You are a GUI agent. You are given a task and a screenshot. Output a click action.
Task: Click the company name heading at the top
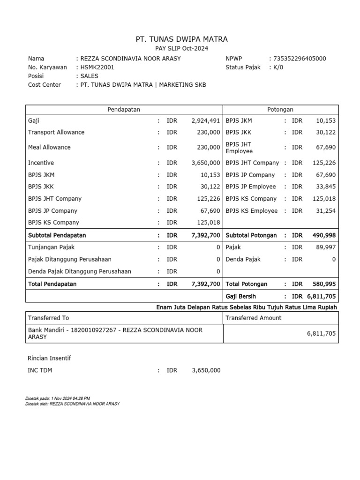[181, 39]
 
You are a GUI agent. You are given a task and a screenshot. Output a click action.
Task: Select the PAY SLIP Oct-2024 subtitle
[181, 49]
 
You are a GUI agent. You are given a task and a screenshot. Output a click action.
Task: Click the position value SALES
[90, 76]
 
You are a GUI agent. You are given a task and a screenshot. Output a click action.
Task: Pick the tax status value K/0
[278, 67]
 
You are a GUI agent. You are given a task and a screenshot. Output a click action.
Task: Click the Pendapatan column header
[124, 110]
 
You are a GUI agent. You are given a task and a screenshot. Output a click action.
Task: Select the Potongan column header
[280, 110]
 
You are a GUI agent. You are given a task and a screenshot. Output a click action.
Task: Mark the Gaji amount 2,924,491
[206, 121]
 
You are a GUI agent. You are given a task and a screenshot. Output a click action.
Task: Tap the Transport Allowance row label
[56, 133]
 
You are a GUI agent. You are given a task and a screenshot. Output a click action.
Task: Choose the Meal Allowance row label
[49, 148]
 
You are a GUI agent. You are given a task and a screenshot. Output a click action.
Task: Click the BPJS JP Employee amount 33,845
[326, 187]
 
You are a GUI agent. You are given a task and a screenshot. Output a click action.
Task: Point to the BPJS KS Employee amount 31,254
[326, 211]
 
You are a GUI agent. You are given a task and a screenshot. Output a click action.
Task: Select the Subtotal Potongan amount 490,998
[324, 236]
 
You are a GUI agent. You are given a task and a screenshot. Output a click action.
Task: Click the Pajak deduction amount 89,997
[326, 247]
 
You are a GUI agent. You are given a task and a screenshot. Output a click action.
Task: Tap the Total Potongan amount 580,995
[324, 285]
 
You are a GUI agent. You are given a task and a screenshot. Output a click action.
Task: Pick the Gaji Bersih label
[241, 297]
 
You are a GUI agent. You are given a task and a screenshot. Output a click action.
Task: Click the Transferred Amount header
[254, 318]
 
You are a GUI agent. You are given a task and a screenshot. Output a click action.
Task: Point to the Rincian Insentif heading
[49, 359]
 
